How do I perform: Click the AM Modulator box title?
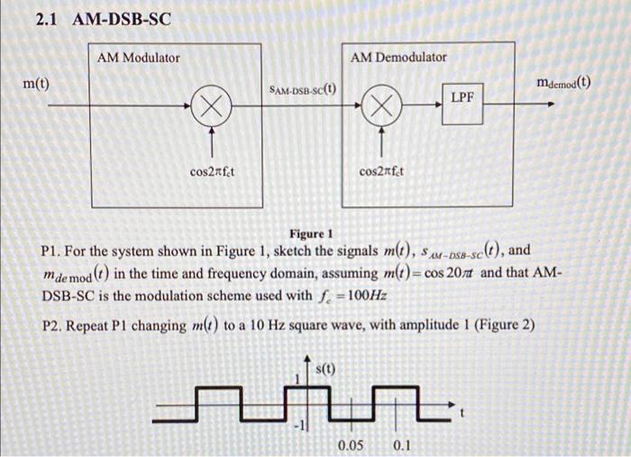[138, 58]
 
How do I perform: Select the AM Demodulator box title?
[398, 57]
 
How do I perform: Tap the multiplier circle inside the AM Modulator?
[212, 106]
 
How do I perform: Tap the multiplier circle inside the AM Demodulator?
[381, 106]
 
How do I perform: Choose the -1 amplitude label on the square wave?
[299, 426]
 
